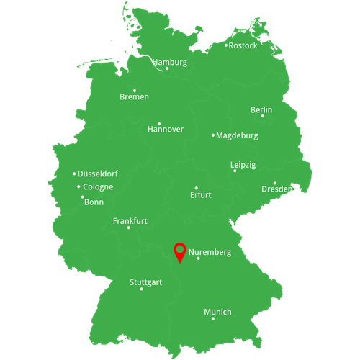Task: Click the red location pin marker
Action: coord(179,252)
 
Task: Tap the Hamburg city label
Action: coord(169,62)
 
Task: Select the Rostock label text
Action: coord(243,45)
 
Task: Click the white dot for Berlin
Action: coord(262,116)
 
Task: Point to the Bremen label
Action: coord(135,96)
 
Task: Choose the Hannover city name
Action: coord(165,130)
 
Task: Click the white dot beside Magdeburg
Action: coord(213,135)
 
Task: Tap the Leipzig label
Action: coord(243,165)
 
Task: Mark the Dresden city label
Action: coord(276,189)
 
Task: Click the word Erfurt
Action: coord(200,195)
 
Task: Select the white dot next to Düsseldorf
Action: coord(74,174)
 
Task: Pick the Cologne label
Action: coord(98,187)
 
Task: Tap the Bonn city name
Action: coord(94,202)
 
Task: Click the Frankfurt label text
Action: coord(130,221)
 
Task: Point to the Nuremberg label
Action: coord(210,253)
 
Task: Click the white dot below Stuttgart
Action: coord(141,289)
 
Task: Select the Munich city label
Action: coord(217,312)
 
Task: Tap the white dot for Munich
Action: coord(212,318)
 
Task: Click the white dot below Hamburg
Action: coord(167,68)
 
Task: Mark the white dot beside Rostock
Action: coord(226,45)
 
